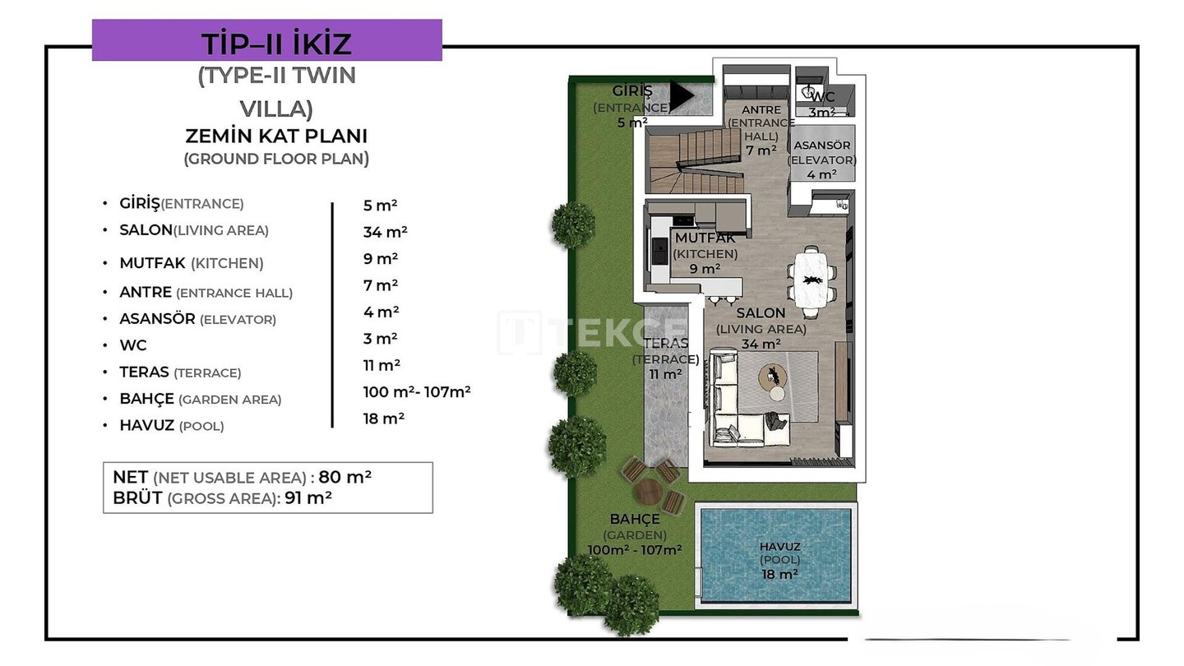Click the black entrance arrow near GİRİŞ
pyautogui.click(x=682, y=95)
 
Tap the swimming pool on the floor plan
pyautogui.click(x=776, y=555)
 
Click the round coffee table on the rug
pyautogui.click(x=773, y=377)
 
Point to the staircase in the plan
pyautogui.click(x=695, y=161)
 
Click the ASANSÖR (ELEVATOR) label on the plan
pyautogui.click(x=822, y=160)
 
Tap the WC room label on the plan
pyautogui.click(x=822, y=104)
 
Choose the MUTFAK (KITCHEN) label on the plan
pyautogui.click(x=705, y=253)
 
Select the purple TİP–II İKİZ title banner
pyautogui.click(x=267, y=40)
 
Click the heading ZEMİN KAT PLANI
pyautogui.click(x=276, y=136)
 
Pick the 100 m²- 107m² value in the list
pyautogui.click(x=417, y=391)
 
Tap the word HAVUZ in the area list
pyautogui.click(x=147, y=426)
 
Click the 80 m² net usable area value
pyautogui.click(x=345, y=477)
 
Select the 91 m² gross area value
pyautogui.click(x=308, y=498)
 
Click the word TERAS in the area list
pyautogui.click(x=144, y=372)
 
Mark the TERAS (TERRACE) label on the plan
pyautogui.click(x=665, y=358)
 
